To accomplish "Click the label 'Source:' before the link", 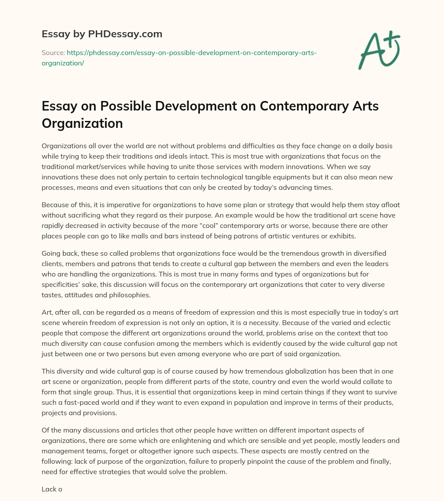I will [x=53, y=53].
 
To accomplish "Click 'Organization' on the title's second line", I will [x=82, y=124].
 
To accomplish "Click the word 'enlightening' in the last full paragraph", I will [x=166, y=441].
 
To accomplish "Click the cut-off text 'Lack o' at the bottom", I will [x=52, y=489].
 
